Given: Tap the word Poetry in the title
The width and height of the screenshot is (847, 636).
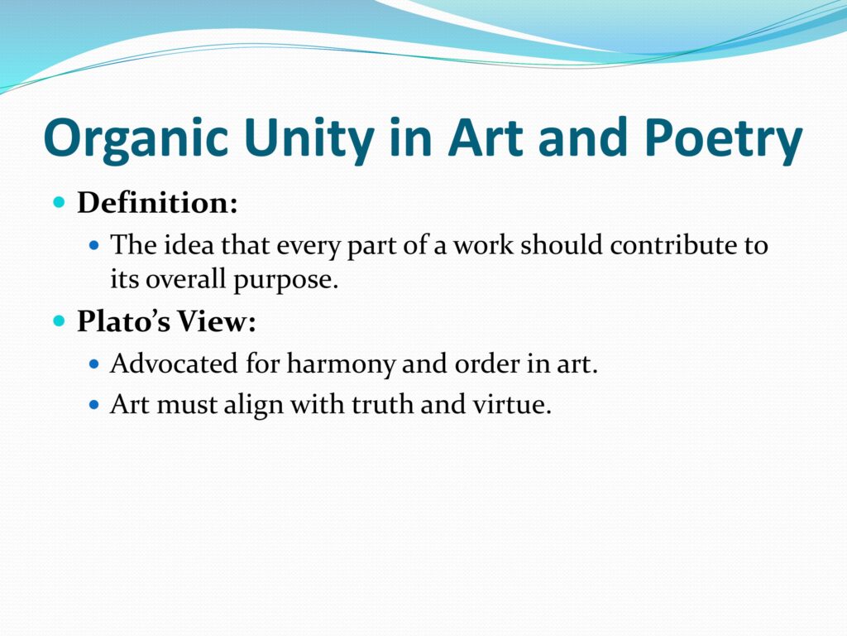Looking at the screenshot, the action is [723, 139].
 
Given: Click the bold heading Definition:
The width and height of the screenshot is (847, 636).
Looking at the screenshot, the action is [157, 203].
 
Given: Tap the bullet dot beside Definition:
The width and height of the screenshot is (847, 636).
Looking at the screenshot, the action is [60, 203].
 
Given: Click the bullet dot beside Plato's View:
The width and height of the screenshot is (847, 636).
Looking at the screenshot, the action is [60, 321].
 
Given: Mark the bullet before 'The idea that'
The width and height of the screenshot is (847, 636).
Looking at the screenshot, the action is [94, 245].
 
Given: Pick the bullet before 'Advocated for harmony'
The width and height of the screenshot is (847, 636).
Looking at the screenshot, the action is [94, 364].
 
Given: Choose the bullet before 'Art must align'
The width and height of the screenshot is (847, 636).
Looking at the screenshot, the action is [94, 404].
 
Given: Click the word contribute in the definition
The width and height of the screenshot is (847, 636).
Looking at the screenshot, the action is [672, 245].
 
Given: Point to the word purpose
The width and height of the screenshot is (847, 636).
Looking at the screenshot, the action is [285, 281].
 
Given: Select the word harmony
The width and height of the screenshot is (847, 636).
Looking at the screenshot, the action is [341, 364].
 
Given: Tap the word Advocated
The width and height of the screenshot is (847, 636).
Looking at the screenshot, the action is [174, 363].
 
